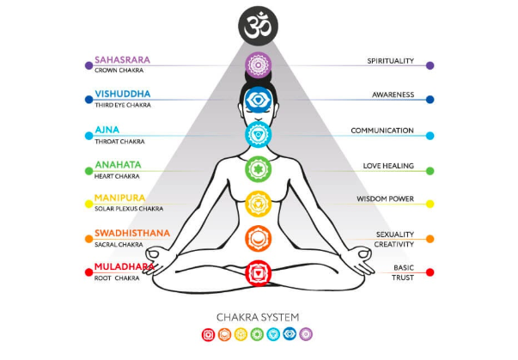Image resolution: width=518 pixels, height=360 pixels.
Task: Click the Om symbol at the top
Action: [259, 26]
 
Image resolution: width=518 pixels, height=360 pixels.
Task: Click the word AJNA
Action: [107, 130]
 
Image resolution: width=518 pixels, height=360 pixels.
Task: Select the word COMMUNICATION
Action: [382, 131]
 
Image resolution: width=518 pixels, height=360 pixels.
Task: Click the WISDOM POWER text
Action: [386, 199]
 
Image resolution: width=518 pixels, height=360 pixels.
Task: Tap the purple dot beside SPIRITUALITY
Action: [430, 64]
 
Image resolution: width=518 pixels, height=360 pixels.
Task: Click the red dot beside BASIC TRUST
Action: [430, 272]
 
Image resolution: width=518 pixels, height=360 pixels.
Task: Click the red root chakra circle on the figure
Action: [259, 273]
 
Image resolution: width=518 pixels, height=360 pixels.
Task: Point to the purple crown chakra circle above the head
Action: [259, 64]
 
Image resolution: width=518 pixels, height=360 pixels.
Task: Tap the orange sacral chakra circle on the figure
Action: [259, 238]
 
